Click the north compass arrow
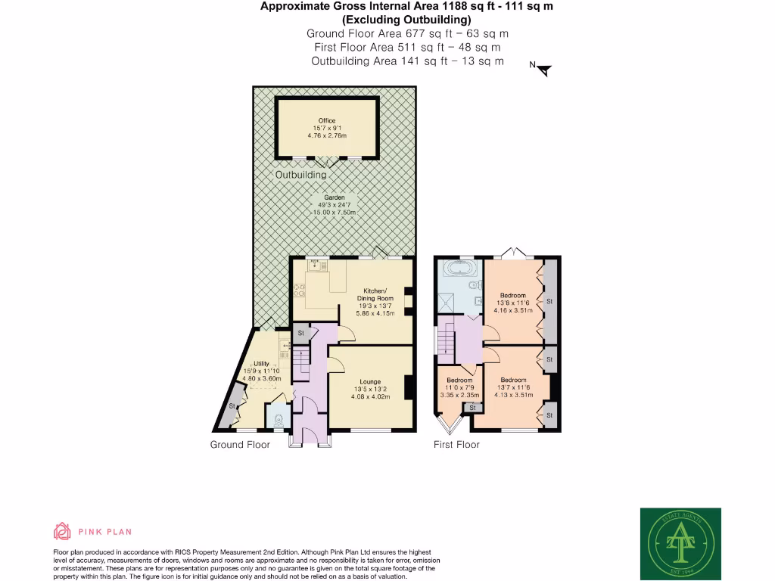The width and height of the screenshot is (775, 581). tap(544, 70)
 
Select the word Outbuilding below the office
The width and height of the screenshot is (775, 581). tap(300, 175)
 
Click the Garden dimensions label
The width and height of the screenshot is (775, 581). tap(334, 205)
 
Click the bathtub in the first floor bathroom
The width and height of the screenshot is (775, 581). tap(459, 269)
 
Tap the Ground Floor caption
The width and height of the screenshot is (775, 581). tap(240, 445)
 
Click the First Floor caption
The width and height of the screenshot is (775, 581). tap(456, 445)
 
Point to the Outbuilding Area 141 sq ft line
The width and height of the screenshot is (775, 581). tap(407, 61)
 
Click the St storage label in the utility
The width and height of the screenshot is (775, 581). tap(232, 407)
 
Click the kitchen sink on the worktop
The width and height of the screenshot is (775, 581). tap(315, 265)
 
